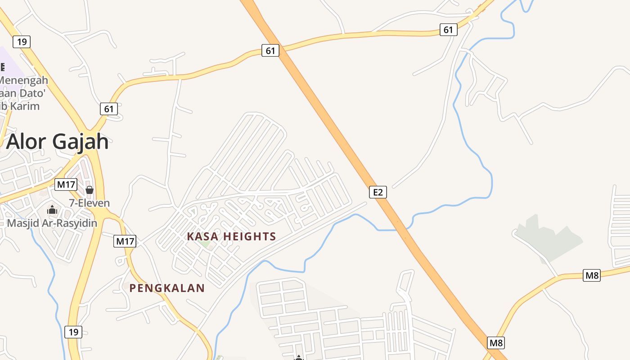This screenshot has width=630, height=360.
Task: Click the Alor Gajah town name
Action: tap(58, 142)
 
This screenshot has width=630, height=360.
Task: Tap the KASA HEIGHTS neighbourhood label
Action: tap(231, 236)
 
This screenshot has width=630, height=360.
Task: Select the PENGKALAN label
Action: tap(167, 288)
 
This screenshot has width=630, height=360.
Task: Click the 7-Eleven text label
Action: tap(89, 203)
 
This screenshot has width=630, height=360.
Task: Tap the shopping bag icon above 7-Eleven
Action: tap(90, 190)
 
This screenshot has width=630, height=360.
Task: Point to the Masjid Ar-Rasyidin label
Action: tap(52, 223)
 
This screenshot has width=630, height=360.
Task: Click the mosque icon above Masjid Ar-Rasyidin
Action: tap(52, 210)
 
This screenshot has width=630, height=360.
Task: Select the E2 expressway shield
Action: tap(378, 192)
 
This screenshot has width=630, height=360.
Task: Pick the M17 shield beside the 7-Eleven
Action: tap(66, 184)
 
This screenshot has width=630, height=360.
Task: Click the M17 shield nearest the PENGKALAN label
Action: tap(125, 241)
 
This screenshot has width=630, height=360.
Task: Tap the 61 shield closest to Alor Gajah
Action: tap(109, 109)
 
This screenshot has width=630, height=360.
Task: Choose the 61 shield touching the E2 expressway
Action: tap(270, 50)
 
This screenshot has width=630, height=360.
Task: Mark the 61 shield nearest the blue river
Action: tap(448, 30)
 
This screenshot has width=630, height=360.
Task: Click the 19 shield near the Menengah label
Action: tap(21, 42)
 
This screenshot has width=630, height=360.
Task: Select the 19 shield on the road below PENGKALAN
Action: tap(73, 332)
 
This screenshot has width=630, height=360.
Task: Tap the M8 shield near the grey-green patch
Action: tap(592, 275)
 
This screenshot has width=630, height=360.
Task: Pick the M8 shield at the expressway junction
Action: tap(496, 343)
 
